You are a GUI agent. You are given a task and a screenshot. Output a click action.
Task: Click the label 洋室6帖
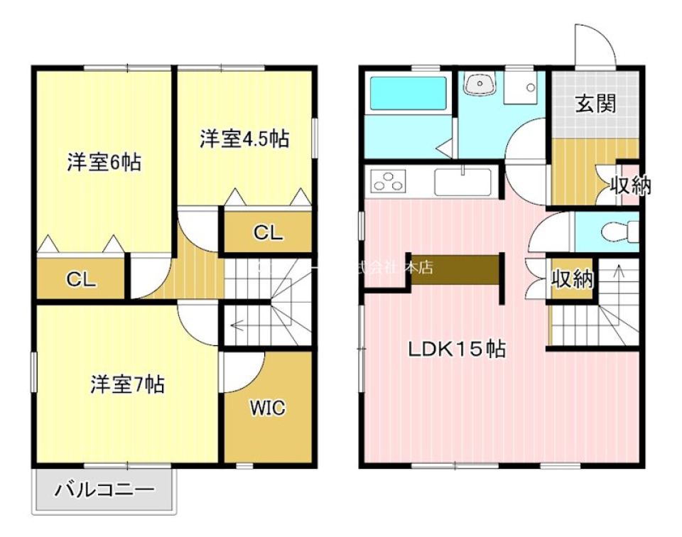(x=104, y=163)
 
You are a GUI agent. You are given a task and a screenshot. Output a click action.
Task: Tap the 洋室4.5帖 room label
(x=244, y=139)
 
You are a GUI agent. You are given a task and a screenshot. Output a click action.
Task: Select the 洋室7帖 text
(x=127, y=384)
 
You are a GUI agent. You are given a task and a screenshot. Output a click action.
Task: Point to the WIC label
(x=267, y=408)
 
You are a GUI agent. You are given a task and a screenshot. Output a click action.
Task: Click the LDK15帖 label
(x=456, y=349)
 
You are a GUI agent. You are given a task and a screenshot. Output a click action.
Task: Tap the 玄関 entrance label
(x=595, y=105)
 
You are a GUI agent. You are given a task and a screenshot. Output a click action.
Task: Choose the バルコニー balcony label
(x=104, y=490)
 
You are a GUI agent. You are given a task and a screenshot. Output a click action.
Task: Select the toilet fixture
(x=619, y=231)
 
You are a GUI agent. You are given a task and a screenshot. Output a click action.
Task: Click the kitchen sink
(x=463, y=182)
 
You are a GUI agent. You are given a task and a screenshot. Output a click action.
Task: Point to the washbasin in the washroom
(x=481, y=86)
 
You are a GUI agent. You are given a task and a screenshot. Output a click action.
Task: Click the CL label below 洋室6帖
(x=81, y=280)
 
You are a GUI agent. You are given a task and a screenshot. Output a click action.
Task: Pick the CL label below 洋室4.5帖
(x=268, y=232)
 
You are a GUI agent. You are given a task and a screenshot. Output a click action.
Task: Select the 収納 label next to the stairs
(x=573, y=279)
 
